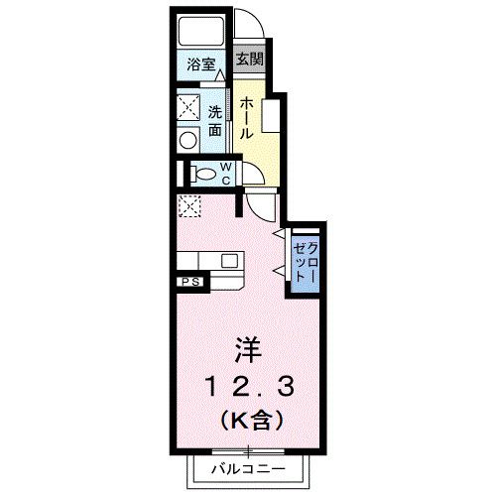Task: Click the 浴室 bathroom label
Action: point(202,64)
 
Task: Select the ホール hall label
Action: point(247,117)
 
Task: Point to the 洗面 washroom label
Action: point(215,120)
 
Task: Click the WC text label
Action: point(225,174)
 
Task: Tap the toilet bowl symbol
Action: point(205,175)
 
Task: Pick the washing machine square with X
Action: point(188,105)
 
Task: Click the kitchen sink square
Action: point(231,262)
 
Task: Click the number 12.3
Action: point(248,385)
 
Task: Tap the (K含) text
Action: point(248,420)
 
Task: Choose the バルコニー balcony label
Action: point(248,467)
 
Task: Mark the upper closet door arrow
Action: point(279,233)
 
